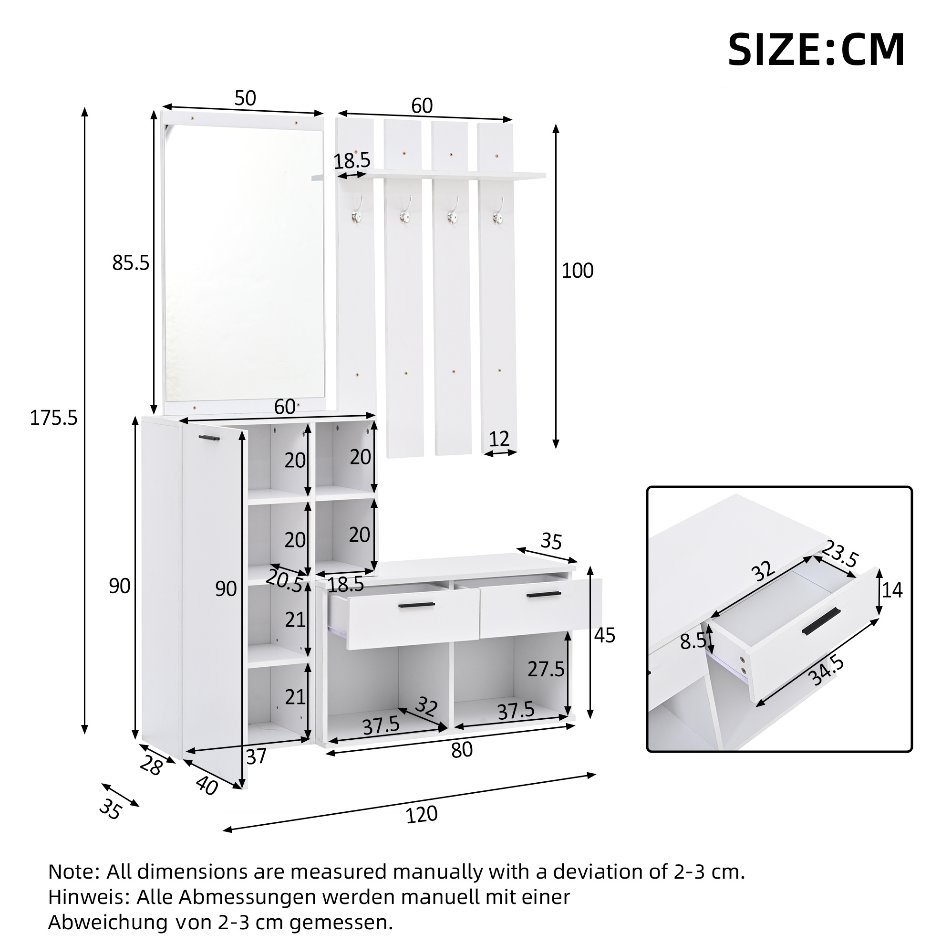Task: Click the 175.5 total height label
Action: point(54,418)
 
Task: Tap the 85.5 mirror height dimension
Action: point(131,263)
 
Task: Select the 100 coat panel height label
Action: point(577,271)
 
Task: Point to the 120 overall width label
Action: point(421,814)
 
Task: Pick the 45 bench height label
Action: point(605,635)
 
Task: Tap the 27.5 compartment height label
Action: point(546,669)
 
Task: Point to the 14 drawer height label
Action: point(892,590)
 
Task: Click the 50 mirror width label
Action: point(245,98)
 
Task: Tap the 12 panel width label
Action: point(499,439)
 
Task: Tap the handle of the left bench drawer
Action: point(416,606)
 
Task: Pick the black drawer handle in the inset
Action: point(821,621)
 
